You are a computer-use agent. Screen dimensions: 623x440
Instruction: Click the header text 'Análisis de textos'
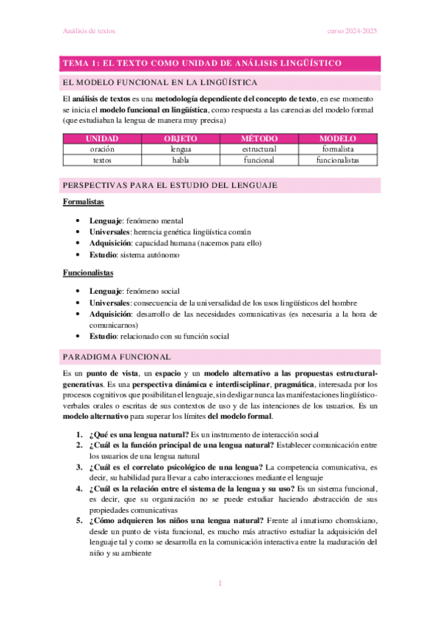tap(87, 32)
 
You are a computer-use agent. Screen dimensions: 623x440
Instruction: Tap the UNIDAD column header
tap(102, 138)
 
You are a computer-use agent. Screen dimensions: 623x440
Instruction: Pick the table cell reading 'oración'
tap(102, 148)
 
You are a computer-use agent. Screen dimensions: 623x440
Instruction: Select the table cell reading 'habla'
tap(181, 159)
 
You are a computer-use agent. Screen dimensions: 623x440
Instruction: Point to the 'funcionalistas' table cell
tap(338, 159)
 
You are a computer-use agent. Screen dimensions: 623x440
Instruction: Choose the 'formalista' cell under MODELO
tap(338, 148)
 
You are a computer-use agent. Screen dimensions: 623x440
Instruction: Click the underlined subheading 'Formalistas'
tap(82, 201)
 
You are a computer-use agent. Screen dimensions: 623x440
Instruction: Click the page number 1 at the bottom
tap(220, 584)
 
